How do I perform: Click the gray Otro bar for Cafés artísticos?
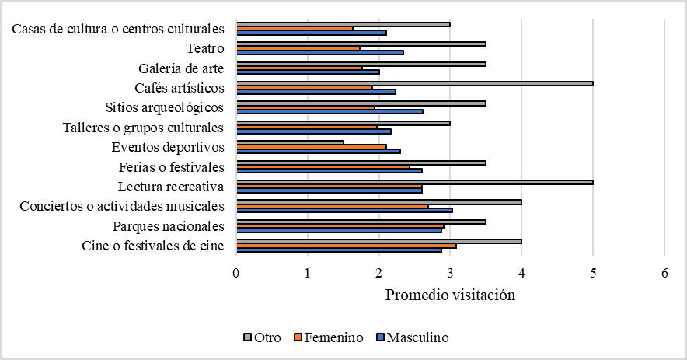click(x=414, y=83)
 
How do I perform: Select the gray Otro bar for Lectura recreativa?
click(x=414, y=183)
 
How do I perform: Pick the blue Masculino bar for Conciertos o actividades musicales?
click(x=344, y=210)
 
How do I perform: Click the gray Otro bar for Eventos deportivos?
click(x=290, y=142)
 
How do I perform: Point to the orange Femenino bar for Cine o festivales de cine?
click(x=346, y=246)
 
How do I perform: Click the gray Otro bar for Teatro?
click(x=361, y=44)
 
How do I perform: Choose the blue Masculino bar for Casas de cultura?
click(x=311, y=32)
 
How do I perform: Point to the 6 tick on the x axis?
click(x=664, y=274)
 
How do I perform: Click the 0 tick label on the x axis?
click(x=236, y=274)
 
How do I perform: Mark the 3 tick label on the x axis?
click(x=451, y=274)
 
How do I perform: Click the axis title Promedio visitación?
click(x=451, y=295)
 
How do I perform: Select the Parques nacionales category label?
click(x=169, y=226)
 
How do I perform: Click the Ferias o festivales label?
click(x=172, y=166)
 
